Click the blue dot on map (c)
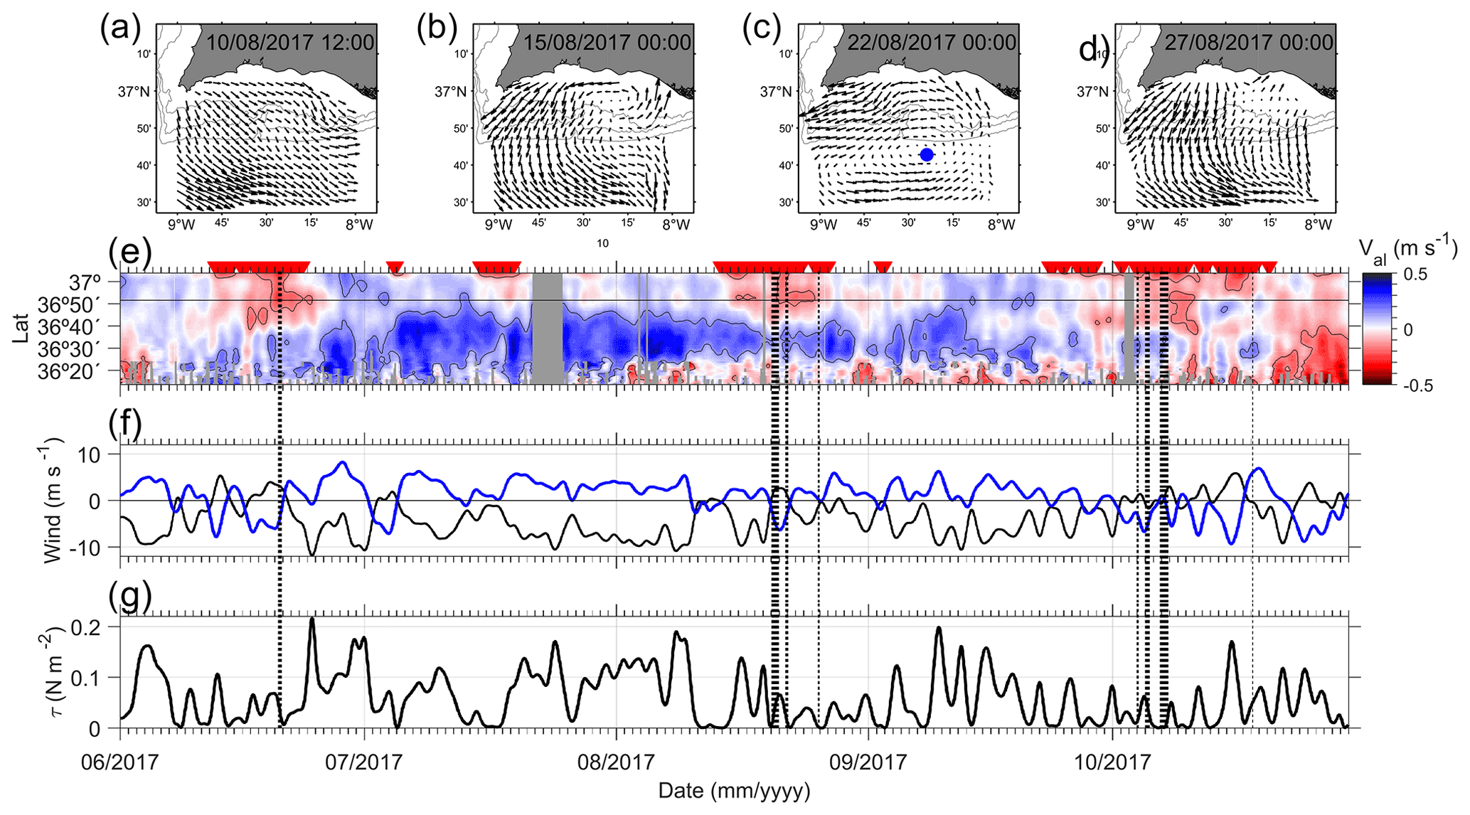click(926, 154)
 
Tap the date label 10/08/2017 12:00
click(290, 43)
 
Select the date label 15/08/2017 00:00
click(607, 43)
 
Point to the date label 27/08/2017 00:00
click(1249, 43)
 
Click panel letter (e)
click(129, 252)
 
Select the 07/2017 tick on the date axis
click(364, 763)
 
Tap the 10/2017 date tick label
click(1112, 763)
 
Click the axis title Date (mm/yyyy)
click(734, 791)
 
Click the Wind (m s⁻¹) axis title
click(54, 501)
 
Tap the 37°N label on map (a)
click(134, 92)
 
